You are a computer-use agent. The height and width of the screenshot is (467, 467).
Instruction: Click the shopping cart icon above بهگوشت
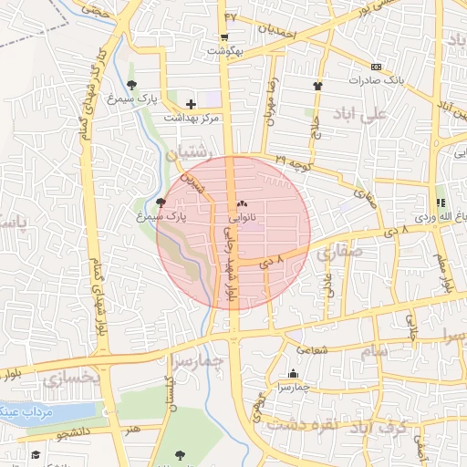click(224, 36)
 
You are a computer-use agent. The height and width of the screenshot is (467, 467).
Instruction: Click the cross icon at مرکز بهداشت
click(190, 105)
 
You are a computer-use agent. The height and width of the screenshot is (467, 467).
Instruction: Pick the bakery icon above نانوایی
click(242, 205)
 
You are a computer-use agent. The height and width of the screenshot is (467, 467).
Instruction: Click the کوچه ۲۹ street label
click(294, 161)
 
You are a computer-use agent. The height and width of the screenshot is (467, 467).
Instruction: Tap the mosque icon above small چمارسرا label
click(293, 373)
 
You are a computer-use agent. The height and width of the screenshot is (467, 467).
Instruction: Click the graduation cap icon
click(36, 454)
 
